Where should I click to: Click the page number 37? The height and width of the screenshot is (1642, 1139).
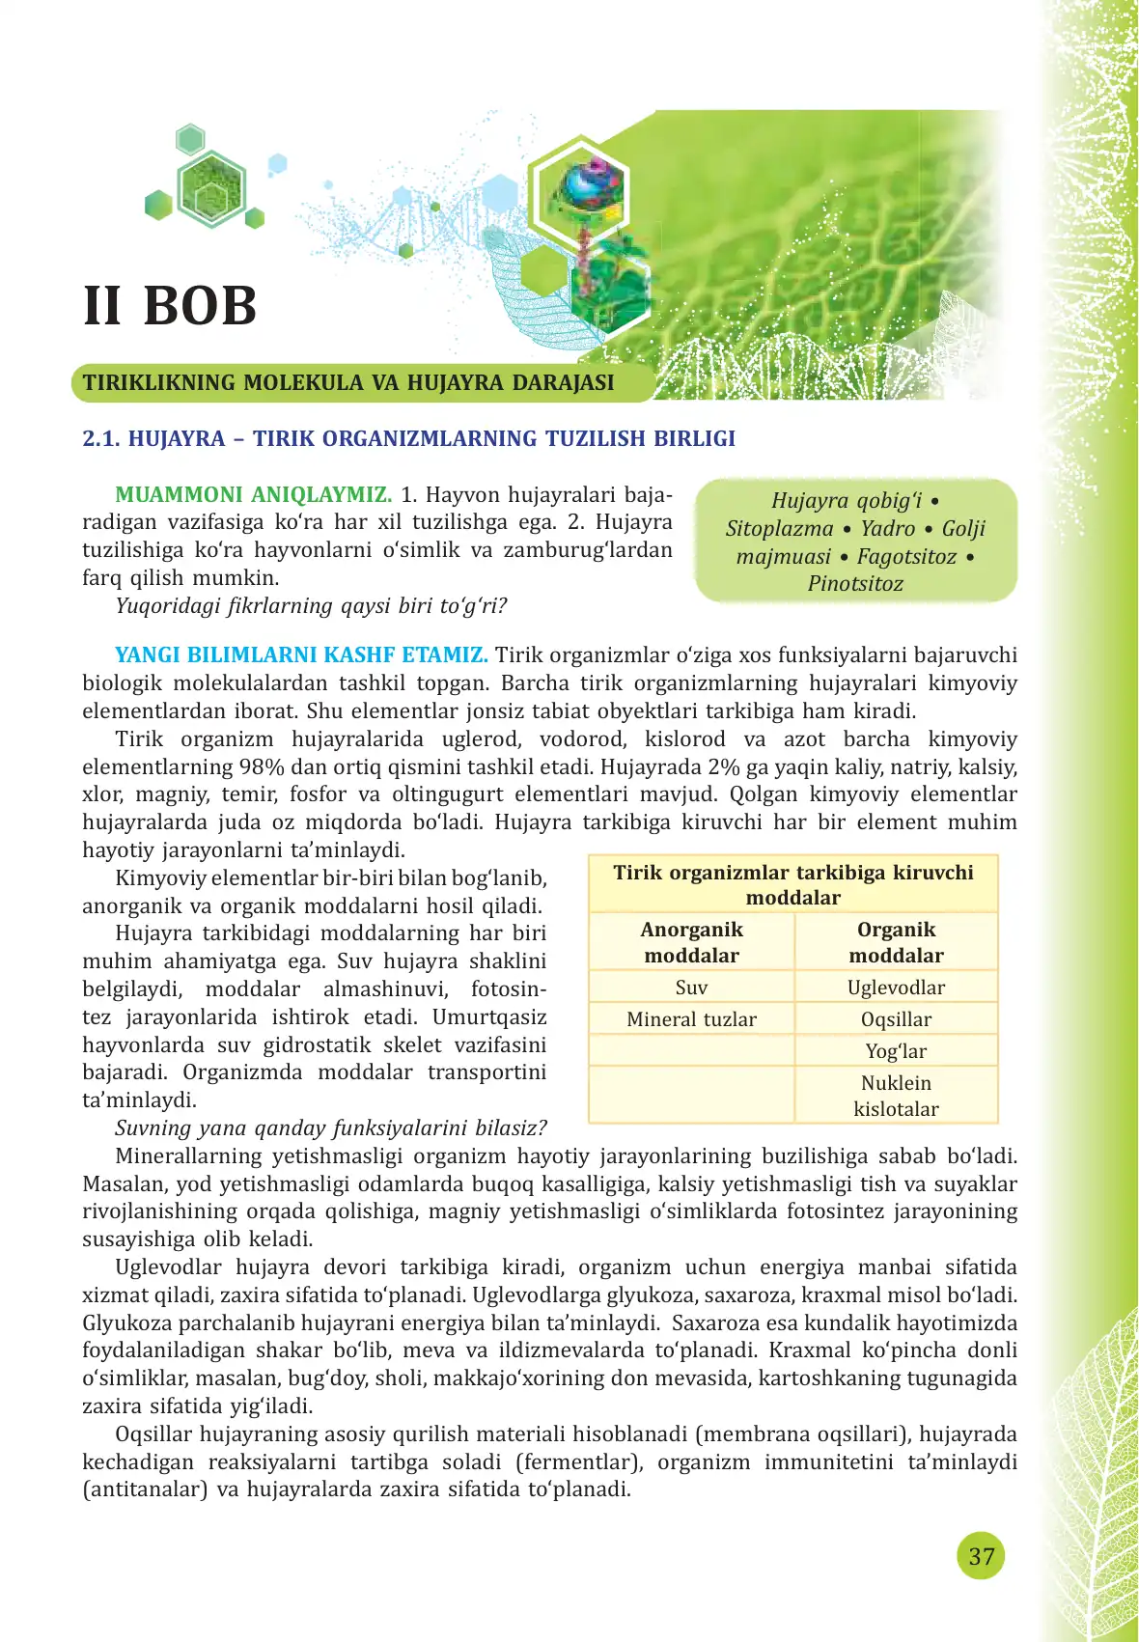tap(981, 1556)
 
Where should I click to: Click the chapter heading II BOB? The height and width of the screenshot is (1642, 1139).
tap(171, 306)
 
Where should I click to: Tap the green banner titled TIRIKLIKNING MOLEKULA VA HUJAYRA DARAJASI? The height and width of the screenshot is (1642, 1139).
tap(348, 382)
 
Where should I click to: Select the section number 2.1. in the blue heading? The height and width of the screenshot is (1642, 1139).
tap(101, 439)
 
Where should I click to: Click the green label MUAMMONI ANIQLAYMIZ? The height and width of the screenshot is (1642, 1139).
tap(253, 495)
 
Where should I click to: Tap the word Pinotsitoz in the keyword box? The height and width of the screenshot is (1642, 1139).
tap(855, 584)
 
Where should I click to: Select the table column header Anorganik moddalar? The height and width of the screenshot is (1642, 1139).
tap(691, 942)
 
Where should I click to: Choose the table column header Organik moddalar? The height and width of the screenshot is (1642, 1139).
tap(896, 942)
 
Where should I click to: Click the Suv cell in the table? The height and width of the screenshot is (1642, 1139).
tap(691, 988)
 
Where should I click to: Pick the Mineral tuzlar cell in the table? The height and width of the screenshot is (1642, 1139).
tap(691, 1019)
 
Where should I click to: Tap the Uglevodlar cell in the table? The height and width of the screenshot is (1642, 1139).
tap(896, 988)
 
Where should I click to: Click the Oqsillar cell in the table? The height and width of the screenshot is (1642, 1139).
tap(896, 1019)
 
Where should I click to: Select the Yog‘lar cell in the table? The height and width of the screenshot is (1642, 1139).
tap(896, 1051)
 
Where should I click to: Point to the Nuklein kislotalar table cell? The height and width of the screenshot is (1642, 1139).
tap(896, 1096)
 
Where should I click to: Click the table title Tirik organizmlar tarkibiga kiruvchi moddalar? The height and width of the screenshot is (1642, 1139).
tap(793, 884)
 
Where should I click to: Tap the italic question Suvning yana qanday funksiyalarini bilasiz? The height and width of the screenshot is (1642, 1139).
tap(331, 1128)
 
